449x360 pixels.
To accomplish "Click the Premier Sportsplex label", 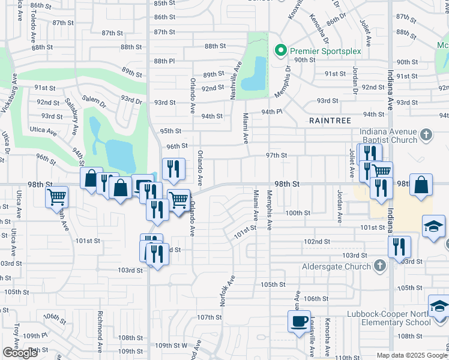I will point(325,51).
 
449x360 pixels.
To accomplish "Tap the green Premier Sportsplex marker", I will point(279,50).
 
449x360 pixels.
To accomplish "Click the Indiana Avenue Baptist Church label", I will point(388,136).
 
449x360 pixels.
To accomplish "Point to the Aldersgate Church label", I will point(339,265).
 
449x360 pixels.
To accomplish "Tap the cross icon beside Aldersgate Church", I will point(379,265).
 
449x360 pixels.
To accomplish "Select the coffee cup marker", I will point(299,320).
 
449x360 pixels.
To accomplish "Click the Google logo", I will point(20,352).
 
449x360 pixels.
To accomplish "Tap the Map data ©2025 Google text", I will point(412,355).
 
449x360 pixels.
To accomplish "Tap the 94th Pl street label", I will point(271,112).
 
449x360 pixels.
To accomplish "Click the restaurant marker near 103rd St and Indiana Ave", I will point(399,246).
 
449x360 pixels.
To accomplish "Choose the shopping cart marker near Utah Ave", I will point(56,196).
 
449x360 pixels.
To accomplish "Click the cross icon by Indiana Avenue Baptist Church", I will point(426,135).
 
